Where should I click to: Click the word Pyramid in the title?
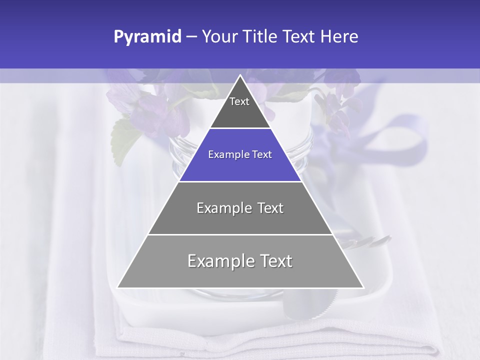tap(147, 37)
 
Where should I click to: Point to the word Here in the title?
tap(339, 37)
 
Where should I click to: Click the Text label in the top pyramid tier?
tap(239, 101)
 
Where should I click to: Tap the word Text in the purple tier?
tap(261, 155)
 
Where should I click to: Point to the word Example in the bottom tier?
tap(219, 261)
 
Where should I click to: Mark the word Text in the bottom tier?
tap(274, 261)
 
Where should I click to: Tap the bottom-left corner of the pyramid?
tap(118, 287)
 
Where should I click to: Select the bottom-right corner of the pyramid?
tap(363, 287)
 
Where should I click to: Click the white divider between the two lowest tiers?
tap(240, 234)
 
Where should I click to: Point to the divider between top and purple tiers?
tap(240, 128)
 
